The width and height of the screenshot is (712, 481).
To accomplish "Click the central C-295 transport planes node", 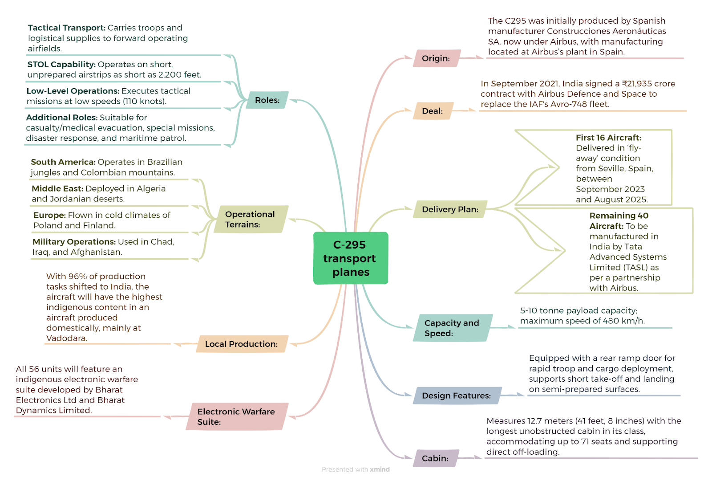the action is (x=351, y=258).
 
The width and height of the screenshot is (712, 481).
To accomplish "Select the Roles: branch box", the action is (x=267, y=100).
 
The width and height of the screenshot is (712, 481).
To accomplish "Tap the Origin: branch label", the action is (x=437, y=58).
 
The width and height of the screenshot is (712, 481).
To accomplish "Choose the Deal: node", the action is (x=433, y=111).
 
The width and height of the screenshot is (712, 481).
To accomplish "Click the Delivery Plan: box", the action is (x=450, y=209).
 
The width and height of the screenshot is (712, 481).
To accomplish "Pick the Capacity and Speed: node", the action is (x=453, y=328).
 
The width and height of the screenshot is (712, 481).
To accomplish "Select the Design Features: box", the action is (x=457, y=395).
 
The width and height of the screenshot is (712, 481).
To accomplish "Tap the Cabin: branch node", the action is (x=436, y=458).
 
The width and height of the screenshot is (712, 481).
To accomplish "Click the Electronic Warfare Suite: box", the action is (x=237, y=416).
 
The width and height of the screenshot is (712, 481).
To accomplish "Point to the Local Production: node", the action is (x=242, y=344).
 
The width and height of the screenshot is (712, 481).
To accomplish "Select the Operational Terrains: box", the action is (x=251, y=219).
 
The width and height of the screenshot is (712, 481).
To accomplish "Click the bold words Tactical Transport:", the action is (x=66, y=28).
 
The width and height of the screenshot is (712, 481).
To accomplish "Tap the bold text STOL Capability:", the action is (x=61, y=64).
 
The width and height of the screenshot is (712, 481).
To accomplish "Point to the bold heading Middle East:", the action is (x=57, y=188).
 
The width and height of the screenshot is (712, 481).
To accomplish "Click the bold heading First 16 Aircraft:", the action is (x=608, y=138).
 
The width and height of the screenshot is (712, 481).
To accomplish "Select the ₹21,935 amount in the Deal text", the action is (x=636, y=84).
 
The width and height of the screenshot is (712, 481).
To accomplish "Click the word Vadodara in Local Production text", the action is (x=66, y=338).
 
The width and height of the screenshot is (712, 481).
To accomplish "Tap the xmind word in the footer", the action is (x=380, y=469).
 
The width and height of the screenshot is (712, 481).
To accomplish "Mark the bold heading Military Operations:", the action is (x=74, y=242).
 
